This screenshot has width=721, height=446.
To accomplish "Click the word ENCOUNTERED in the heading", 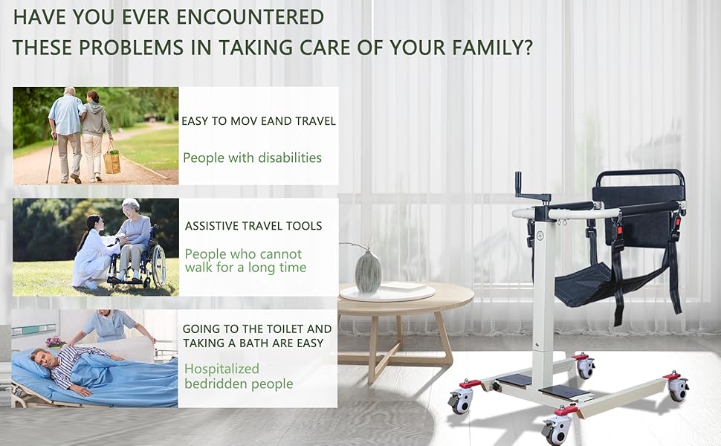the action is [x=250, y=18].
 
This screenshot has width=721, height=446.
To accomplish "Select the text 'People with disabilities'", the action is [x=253, y=158].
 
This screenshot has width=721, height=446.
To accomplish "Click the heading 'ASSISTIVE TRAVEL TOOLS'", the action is [x=253, y=226].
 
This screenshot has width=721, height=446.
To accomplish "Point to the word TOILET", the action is [x=282, y=329].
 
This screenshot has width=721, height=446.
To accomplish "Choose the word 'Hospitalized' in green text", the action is [x=222, y=369].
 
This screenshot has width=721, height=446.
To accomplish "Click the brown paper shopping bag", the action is [x=111, y=162].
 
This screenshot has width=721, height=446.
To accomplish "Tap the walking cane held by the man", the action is [x=50, y=159].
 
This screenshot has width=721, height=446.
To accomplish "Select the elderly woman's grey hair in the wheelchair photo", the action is [x=132, y=205].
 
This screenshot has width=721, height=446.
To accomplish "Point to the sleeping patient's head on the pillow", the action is [x=40, y=355].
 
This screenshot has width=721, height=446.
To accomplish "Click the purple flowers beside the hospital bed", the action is [x=55, y=342].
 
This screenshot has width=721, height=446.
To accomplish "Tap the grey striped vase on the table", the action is [x=369, y=271].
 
